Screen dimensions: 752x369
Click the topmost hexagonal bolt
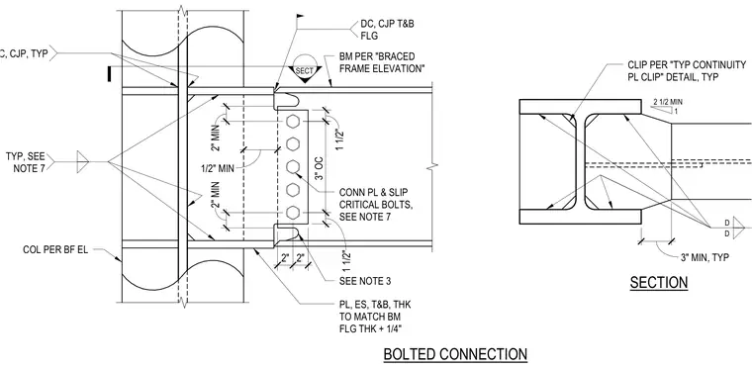(293, 122)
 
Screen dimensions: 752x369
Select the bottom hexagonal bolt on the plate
(293, 213)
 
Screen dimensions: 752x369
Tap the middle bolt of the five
(293, 167)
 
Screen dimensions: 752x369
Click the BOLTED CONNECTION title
(455, 354)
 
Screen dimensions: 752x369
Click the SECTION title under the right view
(658, 282)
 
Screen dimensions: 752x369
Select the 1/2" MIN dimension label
(220, 169)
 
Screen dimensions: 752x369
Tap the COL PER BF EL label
(55, 250)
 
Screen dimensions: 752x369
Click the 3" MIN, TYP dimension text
(705, 257)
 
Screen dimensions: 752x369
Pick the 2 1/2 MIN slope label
(668, 102)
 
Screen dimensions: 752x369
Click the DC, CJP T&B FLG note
(387, 30)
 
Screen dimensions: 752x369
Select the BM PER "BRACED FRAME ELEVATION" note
(382, 62)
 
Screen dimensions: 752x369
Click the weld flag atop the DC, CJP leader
(300, 17)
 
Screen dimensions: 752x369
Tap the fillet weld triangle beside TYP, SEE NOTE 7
(83, 161)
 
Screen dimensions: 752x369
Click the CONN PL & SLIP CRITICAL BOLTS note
(376, 205)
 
